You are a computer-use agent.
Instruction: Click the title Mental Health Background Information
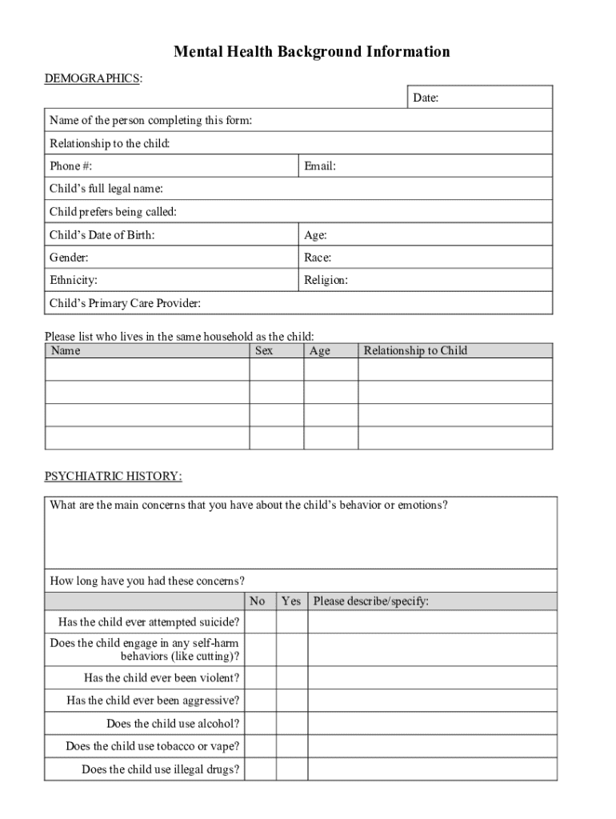[x=312, y=53]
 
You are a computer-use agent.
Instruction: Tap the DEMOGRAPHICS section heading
[x=93, y=78]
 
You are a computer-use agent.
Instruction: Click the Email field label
[x=319, y=166]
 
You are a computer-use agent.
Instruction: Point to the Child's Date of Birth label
[x=102, y=235]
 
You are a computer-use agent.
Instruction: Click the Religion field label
[x=326, y=280]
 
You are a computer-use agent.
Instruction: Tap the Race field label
[x=318, y=258]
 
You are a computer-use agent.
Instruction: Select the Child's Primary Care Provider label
[x=125, y=303]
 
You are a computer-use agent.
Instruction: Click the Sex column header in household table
[x=264, y=350]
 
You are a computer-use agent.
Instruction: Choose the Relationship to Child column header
[x=415, y=350]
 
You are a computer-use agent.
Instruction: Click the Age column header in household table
[x=319, y=350]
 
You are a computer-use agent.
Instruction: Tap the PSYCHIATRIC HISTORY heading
[x=113, y=477]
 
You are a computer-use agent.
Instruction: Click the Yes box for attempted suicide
[x=292, y=622]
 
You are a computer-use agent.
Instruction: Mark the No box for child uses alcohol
[x=261, y=724]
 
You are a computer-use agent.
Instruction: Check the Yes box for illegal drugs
[x=292, y=769]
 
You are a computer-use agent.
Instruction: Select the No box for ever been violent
[x=261, y=678]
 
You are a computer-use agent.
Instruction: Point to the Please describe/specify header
[x=371, y=601]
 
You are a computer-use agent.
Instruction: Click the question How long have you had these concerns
[x=147, y=581]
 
